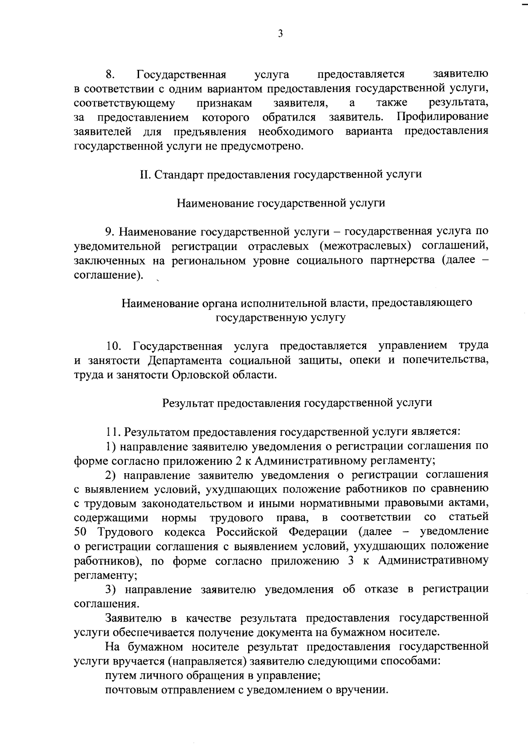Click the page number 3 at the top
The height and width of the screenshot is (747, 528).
(280, 34)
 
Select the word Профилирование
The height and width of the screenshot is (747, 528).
(442, 117)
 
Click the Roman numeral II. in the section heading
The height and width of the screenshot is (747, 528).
(145, 174)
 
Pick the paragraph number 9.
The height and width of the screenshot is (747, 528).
(110, 232)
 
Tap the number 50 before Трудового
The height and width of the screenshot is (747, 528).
(81, 532)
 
